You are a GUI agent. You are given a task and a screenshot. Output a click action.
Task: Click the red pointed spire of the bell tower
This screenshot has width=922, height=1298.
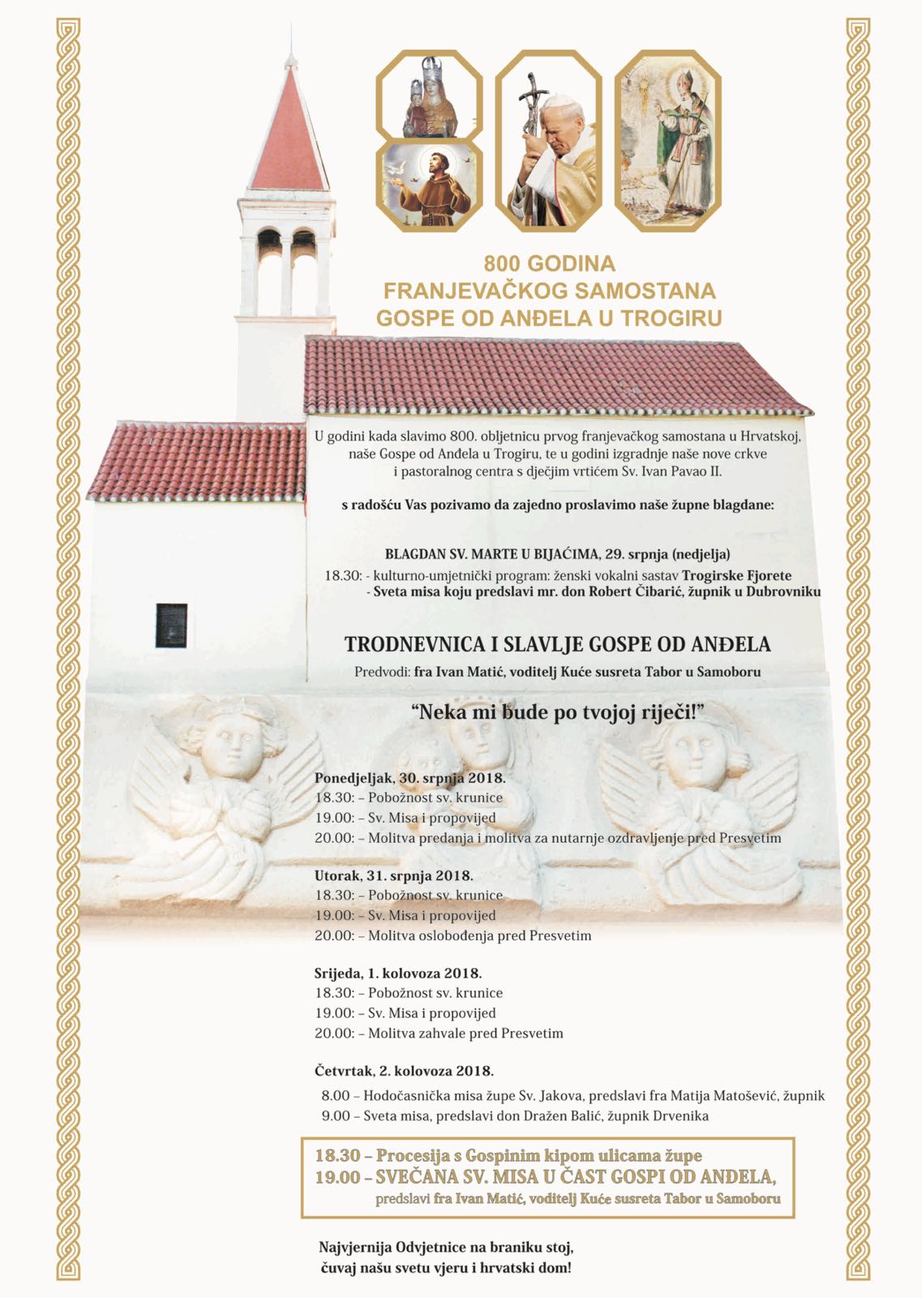(x=289, y=130)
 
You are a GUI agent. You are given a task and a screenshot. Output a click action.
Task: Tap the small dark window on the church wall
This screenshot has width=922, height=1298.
(x=171, y=625)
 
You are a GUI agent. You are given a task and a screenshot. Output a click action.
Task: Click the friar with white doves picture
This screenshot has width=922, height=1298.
(x=430, y=187)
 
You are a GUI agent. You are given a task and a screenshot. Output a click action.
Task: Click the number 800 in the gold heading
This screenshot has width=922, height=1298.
(x=504, y=264)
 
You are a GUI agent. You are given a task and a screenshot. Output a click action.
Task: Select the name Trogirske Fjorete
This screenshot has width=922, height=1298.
(x=736, y=575)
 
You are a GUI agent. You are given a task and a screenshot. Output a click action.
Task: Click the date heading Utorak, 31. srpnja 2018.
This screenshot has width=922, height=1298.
(x=394, y=875)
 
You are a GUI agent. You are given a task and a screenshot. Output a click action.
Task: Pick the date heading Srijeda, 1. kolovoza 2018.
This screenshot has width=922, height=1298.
(x=398, y=973)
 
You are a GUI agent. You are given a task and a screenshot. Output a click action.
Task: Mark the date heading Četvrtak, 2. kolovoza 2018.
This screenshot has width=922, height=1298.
(x=404, y=1071)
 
